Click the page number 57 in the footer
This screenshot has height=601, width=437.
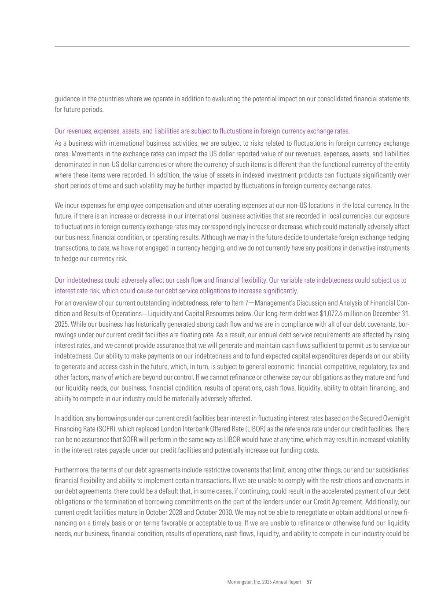pos(309,582)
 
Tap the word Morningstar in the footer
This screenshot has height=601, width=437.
pos(239,582)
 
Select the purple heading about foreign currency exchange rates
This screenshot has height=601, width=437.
pos(202,131)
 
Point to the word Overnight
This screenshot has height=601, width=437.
pos(396,418)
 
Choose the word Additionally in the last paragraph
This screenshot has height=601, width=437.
pos(381,502)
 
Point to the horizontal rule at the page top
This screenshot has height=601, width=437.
pos(232,46)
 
